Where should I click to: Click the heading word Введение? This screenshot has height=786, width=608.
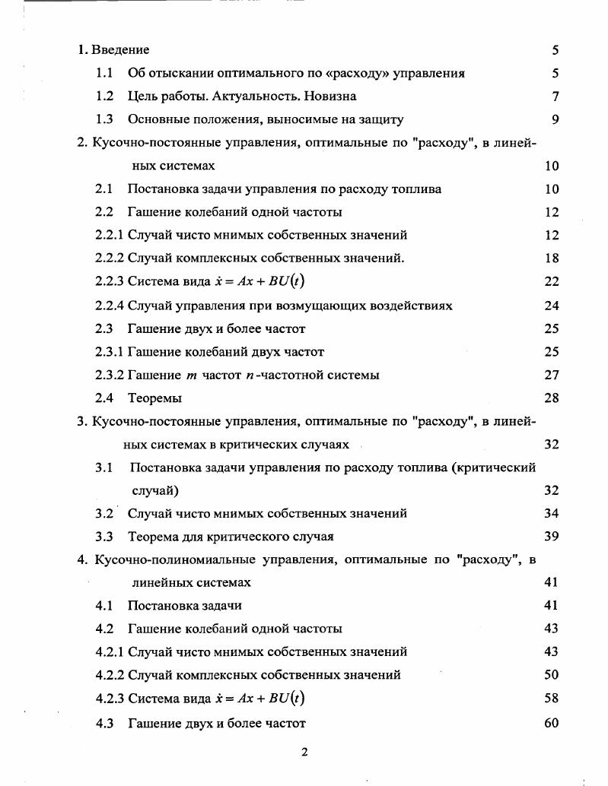(120, 50)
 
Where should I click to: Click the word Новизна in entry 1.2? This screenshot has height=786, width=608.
(326, 96)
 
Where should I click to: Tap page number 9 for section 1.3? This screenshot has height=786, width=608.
(555, 119)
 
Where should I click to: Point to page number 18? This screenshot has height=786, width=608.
(552, 258)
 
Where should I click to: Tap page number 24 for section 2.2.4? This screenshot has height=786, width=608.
(552, 306)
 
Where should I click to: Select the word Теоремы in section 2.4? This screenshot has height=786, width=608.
(154, 398)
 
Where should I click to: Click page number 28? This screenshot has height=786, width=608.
(552, 398)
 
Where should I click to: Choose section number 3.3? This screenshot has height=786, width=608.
(104, 536)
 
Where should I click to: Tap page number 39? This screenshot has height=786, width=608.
(552, 536)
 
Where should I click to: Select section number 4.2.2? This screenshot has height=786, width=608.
(110, 674)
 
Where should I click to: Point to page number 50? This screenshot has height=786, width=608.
(552, 674)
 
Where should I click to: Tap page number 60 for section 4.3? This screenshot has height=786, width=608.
(552, 722)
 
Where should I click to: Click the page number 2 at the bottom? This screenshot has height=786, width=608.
(304, 753)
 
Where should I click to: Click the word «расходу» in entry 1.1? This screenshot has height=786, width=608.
(356, 73)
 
